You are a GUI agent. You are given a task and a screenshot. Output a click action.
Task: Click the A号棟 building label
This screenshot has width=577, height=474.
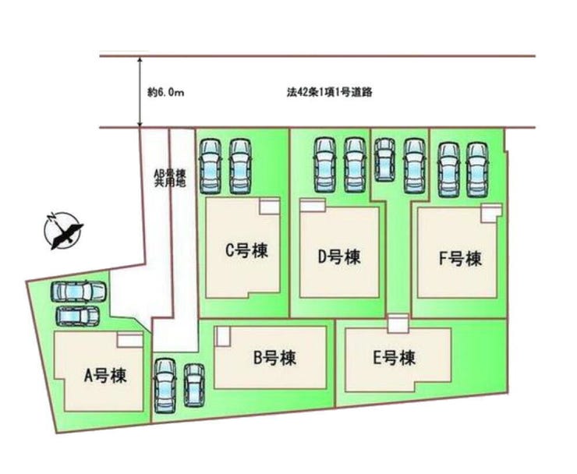coord(105,376)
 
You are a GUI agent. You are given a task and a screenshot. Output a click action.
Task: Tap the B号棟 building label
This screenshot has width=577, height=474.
coord(275,358)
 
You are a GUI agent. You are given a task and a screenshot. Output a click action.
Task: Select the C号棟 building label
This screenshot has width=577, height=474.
coord(246,250)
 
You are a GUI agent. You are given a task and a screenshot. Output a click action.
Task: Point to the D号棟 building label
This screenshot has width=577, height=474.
coord(339,256)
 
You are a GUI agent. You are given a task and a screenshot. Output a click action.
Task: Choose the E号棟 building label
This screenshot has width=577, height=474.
coord(395,358)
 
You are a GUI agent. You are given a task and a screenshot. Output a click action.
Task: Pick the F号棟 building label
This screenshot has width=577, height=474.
coord(460,259)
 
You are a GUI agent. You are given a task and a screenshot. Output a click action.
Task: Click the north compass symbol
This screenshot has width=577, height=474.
coord(63,231)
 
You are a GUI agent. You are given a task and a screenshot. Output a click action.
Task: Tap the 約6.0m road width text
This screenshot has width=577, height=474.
coord(166,92)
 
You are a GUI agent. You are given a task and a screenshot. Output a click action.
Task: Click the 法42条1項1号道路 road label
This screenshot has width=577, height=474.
coord(329,92)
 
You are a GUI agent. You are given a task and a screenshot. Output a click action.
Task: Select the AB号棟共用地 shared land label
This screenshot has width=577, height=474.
coord(170,178)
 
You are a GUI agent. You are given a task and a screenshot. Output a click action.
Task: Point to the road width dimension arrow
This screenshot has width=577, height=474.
coord(140,92)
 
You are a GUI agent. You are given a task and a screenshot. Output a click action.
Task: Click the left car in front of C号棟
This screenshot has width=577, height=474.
coord(210,166)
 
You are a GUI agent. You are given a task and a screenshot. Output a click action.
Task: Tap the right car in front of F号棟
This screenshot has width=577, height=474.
coord(477,170)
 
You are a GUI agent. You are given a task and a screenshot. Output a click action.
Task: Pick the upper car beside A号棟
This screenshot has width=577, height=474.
coord(78,292)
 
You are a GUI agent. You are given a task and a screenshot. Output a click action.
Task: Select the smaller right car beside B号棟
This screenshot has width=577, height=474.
coord(194,385)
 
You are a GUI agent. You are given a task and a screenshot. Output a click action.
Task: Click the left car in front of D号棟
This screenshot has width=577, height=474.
coord(325,164)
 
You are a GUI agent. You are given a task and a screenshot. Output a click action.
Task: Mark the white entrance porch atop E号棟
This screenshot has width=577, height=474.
coord(398,324)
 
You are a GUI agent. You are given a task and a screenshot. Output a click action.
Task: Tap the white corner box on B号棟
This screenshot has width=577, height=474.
coord(223,336)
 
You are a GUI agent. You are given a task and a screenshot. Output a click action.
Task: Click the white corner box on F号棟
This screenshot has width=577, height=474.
coord(491,213)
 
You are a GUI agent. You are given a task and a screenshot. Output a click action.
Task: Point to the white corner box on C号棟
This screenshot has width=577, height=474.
coord(270,206)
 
